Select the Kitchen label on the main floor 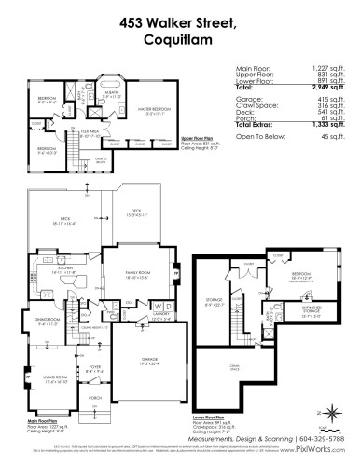coord(64,267)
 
